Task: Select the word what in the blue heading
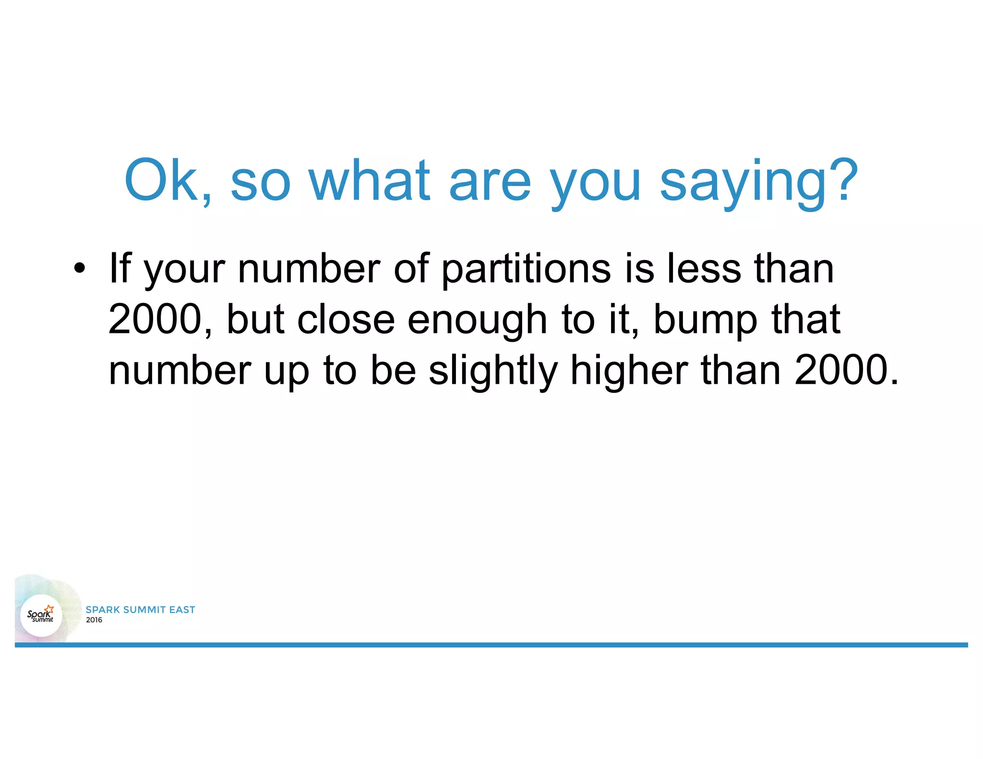coord(369,180)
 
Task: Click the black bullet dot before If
coord(80,268)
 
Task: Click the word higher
coord(629,371)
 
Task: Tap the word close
coord(346,319)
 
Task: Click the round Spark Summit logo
coord(41,615)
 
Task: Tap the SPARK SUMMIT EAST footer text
coord(140,609)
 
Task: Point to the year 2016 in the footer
coord(94,620)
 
